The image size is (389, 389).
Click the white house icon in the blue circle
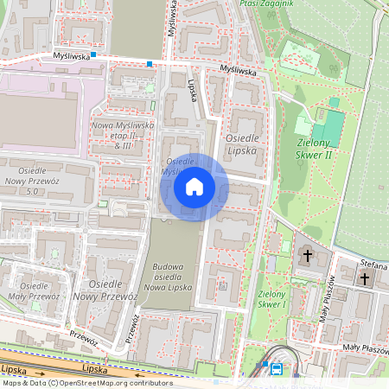[x=194, y=187]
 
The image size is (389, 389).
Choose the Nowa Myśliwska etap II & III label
[x=122, y=135]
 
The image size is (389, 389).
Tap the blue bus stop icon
[x=277, y=368]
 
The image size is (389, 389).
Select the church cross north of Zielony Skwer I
[x=308, y=256]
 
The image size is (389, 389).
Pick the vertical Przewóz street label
[x=134, y=328]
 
